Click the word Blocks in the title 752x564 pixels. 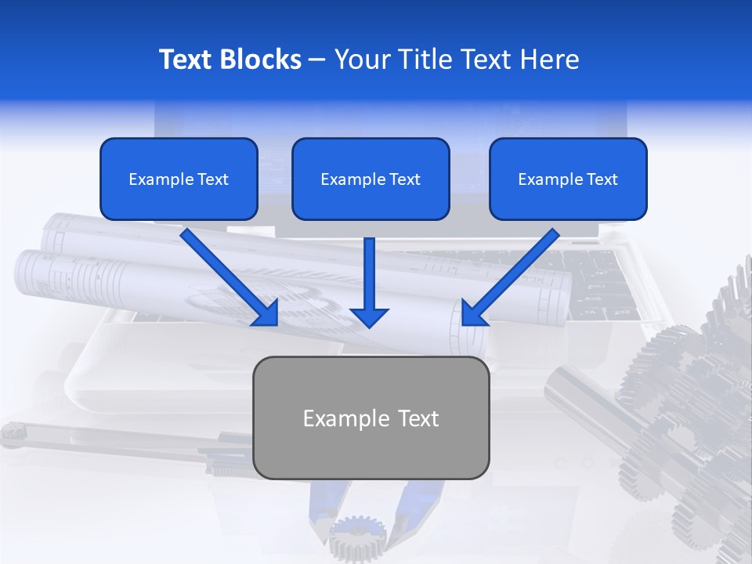pyautogui.click(x=262, y=60)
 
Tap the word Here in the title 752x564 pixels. pyautogui.click(x=549, y=60)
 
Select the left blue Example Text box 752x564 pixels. pyautogui.click(x=179, y=179)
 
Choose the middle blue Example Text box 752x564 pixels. pyautogui.click(x=371, y=179)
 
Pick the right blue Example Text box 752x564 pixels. pyautogui.click(x=568, y=179)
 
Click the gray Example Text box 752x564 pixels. pyautogui.click(x=371, y=418)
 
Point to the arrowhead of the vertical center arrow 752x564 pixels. pyautogui.click(x=370, y=316)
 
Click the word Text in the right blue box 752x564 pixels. pyautogui.click(x=602, y=179)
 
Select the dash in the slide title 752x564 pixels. pyautogui.click(x=317, y=60)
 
